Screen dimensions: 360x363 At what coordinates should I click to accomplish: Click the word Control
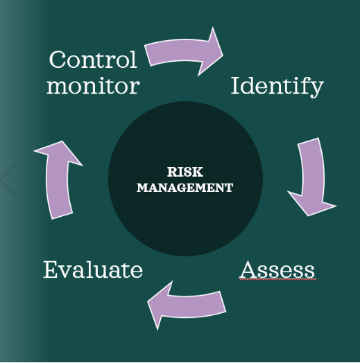pyautogui.click(x=93, y=60)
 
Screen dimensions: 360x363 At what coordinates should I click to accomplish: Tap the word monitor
pyautogui.click(x=93, y=86)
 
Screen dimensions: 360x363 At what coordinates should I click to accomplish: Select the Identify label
pyautogui.click(x=277, y=87)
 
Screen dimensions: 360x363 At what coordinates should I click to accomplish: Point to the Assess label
pyautogui.click(x=277, y=269)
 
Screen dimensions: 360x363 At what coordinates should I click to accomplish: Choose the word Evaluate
pyautogui.click(x=93, y=269)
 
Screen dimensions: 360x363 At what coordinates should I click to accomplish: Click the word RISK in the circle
pyautogui.click(x=185, y=172)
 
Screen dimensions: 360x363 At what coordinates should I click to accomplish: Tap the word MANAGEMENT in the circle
pyautogui.click(x=185, y=188)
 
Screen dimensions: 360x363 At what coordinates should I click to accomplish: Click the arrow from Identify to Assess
pyautogui.click(x=311, y=176)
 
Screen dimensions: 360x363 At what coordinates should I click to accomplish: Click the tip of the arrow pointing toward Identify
pyautogui.click(x=223, y=55)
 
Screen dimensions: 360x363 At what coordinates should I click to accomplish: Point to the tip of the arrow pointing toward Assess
pyautogui.click(x=308, y=216)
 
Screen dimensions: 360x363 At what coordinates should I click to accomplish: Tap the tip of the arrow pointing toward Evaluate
pyautogui.click(x=148, y=302)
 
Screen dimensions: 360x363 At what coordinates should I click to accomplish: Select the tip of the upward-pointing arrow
pyautogui.click(x=62, y=141)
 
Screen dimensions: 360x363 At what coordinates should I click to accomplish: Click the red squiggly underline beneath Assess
pyautogui.click(x=277, y=280)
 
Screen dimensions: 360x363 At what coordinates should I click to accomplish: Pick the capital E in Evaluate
pyautogui.click(x=51, y=269)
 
